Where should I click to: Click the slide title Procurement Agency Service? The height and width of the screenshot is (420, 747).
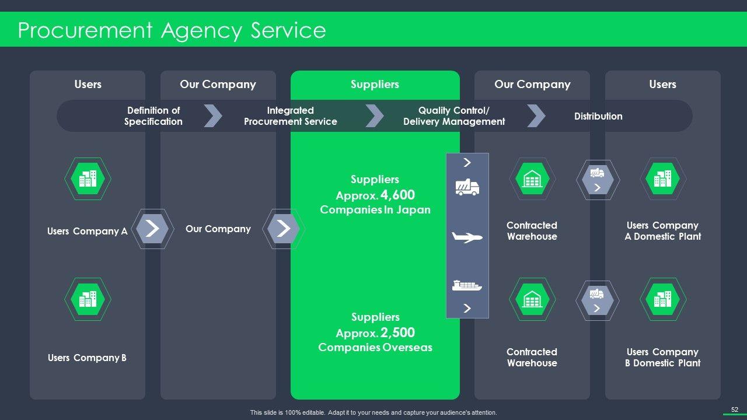(x=172, y=30)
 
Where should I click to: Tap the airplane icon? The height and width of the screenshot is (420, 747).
(x=467, y=237)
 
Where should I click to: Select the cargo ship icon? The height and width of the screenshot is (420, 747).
(x=467, y=285)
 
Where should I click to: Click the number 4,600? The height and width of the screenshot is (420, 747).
(x=397, y=195)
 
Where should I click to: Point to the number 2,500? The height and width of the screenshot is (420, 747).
(x=397, y=332)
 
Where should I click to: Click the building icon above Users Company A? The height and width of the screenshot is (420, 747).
(x=88, y=178)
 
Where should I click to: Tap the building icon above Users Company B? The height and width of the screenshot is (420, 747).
(x=88, y=299)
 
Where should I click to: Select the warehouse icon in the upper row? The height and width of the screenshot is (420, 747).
(x=532, y=178)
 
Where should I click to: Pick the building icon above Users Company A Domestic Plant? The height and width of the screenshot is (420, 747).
(x=663, y=178)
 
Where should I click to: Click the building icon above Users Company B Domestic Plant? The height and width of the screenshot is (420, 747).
(x=663, y=299)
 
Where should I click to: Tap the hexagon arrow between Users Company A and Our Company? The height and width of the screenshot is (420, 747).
(x=152, y=229)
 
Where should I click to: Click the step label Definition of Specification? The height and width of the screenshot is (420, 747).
(x=153, y=116)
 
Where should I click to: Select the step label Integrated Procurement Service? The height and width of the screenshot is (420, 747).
(x=291, y=116)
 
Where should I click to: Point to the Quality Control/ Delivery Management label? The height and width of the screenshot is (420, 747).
(x=454, y=116)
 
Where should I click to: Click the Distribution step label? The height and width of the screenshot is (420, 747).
(x=598, y=116)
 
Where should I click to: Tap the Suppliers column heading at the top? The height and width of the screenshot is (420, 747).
(x=375, y=85)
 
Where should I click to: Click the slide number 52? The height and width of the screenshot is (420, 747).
(x=735, y=409)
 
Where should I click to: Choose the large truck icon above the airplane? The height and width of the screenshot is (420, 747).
(x=467, y=187)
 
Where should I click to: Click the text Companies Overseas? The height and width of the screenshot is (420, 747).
(x=375, y=348)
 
